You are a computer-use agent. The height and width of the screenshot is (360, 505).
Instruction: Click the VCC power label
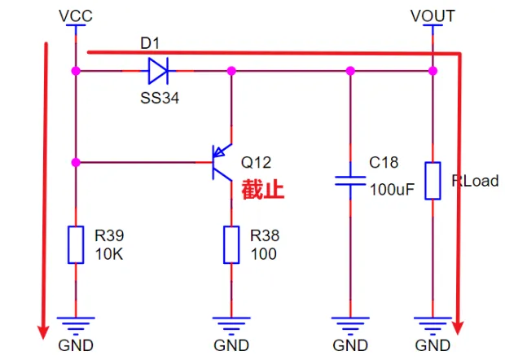(76, 15)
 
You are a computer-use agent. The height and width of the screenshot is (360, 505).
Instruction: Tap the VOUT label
(433, 15)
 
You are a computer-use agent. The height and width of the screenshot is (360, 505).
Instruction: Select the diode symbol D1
(158, 71)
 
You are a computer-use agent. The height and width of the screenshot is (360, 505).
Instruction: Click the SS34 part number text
(160, 98)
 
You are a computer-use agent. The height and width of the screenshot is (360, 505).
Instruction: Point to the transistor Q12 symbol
(222, 162)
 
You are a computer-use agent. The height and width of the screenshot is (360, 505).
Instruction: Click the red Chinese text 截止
(263, 190)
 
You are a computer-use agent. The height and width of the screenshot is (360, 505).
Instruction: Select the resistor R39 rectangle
(76, 244)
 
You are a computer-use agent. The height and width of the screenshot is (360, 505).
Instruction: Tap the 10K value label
(109, 254)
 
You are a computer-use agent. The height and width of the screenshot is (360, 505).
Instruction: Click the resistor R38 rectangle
(231, 244)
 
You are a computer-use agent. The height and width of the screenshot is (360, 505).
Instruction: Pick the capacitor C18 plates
(350, 181)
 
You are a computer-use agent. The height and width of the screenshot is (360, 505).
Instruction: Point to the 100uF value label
(392, 190)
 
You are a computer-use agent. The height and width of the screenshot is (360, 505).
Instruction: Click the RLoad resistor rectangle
(433, 181)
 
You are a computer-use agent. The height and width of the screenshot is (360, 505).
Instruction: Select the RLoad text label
(475, 181)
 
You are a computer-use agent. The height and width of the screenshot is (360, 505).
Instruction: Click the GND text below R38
(231, 345)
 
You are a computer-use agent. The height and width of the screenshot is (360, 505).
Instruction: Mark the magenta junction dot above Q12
(231, 71)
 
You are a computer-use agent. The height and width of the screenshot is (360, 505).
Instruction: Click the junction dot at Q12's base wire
(76, 162)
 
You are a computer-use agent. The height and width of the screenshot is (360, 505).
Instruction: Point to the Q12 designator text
(256, 163)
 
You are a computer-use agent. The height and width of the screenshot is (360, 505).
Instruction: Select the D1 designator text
(150, 43)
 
